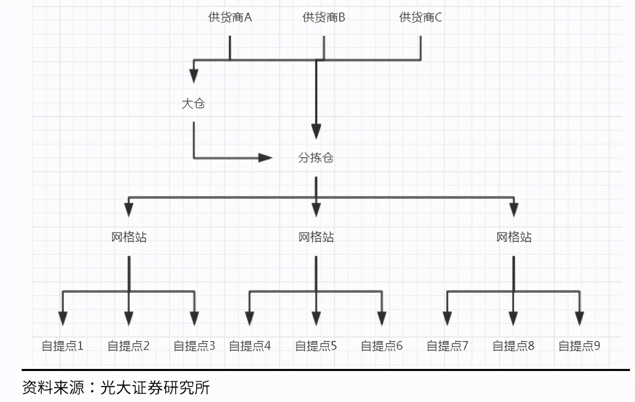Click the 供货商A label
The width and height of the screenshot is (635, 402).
pos(230,17)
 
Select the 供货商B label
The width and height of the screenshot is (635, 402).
pos(324,17)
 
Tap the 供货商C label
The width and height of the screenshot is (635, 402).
pos(420,17)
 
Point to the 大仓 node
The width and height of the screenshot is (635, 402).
pos(194,103)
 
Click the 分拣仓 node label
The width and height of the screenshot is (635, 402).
pos(316,158)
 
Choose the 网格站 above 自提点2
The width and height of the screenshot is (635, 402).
pos(129,237)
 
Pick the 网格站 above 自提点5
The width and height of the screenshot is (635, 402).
pos(316,237)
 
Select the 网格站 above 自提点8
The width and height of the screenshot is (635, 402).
pos(514,237)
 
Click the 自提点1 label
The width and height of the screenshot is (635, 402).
pos(62,346)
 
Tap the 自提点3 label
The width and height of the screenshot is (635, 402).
pos(194,346)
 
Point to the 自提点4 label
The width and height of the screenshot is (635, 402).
pos(249,346)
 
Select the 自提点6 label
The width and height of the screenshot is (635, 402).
pos(382,346)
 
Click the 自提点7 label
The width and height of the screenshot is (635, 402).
pos(447,346)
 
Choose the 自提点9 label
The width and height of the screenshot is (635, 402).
pos(579,346)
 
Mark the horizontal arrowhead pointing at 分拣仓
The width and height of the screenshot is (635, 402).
pos(265,158)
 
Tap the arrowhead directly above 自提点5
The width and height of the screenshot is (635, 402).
pos(316,318)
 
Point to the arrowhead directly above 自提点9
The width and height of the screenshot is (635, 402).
pos(579,318)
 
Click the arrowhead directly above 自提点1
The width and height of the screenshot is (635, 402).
pos(62,318)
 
